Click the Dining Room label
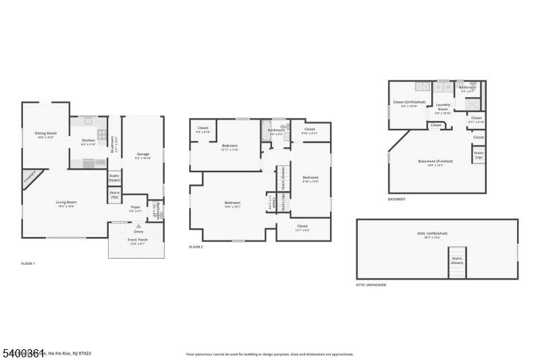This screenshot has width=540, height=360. click(x=46, y=133)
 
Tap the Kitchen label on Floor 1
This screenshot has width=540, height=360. click(x=88, y=141)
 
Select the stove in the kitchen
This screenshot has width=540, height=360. click(x=101, y=134)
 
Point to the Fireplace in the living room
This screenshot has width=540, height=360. click(x=30, y=178)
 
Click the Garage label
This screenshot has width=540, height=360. click(x=142, y=154)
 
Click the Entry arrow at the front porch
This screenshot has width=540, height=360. click(x=138, y=226)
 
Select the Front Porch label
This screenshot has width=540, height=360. click(x=138, y=241)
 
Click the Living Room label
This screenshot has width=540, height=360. click(x=65, y=202)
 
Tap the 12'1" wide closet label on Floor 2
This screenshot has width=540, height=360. click(x=302, y=226)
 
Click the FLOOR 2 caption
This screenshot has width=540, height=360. click(x=196, y=247)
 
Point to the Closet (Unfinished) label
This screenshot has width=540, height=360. click(x=409, y=103)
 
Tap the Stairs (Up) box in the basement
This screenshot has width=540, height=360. click(x=479, y=155)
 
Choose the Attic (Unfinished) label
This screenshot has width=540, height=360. click(x=432, y=234)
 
